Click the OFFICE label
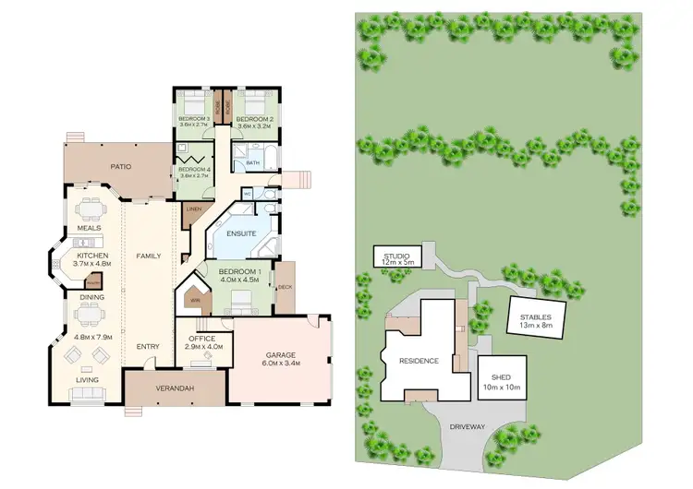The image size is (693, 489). point(201,339)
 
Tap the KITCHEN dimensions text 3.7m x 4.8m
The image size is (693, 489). point(92,264)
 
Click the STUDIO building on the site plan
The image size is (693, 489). point(395,256)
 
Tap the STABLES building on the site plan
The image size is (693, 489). point(535,319)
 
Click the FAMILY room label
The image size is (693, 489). point(149,256)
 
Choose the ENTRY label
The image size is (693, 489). point(148,347)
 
